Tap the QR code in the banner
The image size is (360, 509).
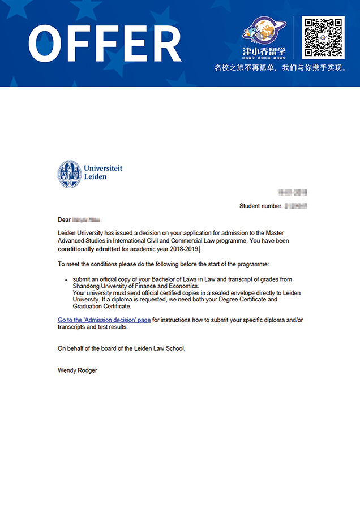[x=323, y=37]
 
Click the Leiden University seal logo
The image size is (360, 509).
[x=69, y=174]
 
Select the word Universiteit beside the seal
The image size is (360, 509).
[x=102, y=169]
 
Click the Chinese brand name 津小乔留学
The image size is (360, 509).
[x=264, y=51]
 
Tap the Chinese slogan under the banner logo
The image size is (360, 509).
[x=280, y=68]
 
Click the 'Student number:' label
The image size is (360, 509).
[x=260, y=206]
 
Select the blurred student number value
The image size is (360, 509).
[x=295, y=206]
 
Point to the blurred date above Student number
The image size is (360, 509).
[x=293, y=193]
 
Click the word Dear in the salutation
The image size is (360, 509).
[x=64, y=220]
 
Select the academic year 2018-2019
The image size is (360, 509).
[x=181, y=249]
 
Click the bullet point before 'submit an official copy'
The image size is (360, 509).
[x=66, y=280]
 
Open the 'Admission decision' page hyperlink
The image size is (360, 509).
[x=104, y=320]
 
